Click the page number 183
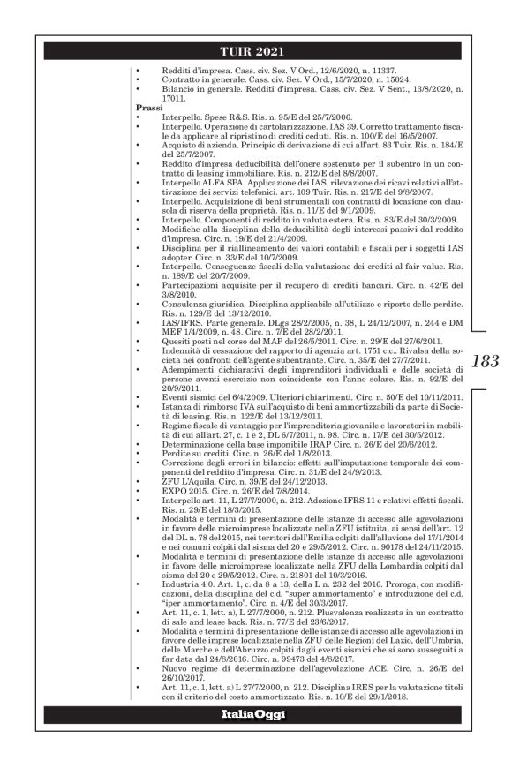coord(484,360)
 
